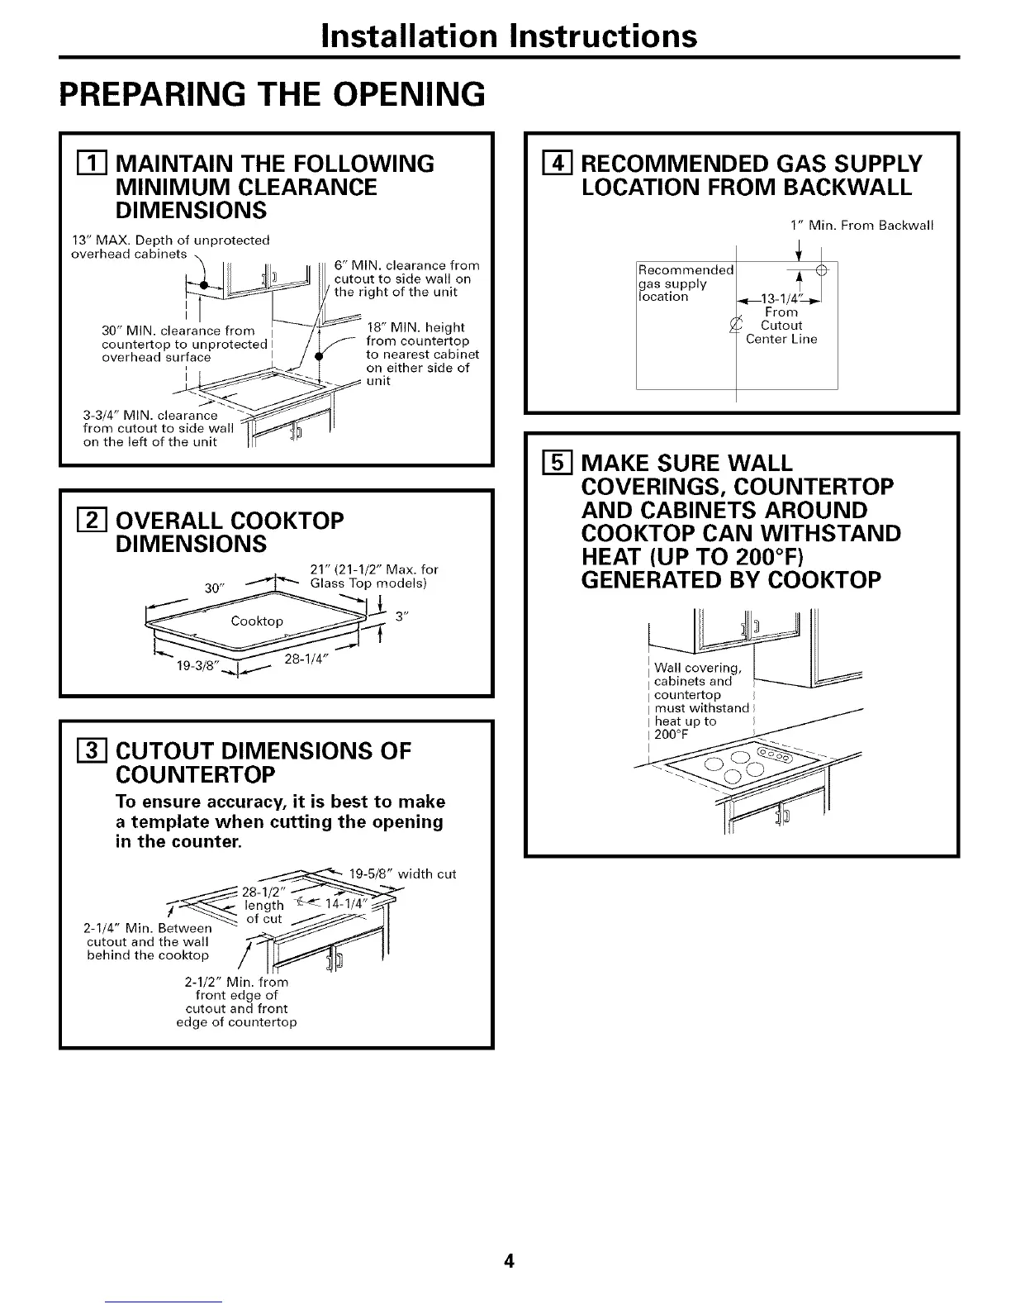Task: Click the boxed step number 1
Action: tap(79, 164)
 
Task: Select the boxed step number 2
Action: tap(79, 521)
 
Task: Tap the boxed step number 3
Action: tap(79, 751)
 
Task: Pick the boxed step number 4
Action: tap(546, 164)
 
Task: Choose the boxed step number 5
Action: tap(546, 463)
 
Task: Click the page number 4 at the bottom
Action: tap(510, 1262)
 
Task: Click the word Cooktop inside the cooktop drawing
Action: tap(257, 621)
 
